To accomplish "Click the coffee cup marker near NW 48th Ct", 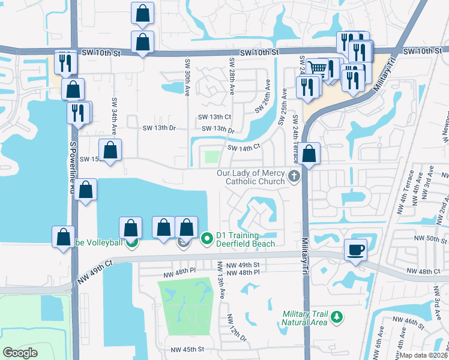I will (x=356, y=250).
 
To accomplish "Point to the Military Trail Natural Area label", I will (x=306, y=318).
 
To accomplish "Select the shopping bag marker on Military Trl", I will (x=310, y=154).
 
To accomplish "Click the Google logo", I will (x=20, y=352).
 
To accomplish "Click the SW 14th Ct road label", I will (x=243, y=146).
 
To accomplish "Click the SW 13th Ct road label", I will (x=215, y=116).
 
